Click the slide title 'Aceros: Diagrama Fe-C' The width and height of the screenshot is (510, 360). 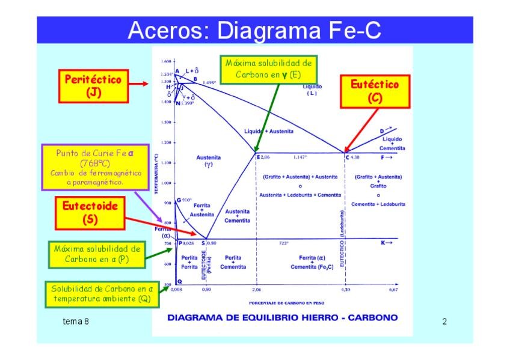pos(254,30)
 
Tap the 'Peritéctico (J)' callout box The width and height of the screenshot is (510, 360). pos(93,85)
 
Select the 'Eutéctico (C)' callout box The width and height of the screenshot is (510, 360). pos(375,91)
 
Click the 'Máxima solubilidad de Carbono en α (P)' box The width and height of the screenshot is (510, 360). pos(96,254)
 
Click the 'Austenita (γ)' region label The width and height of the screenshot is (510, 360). pos(209,161)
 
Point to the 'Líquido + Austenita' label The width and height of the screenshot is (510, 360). pos(268,131)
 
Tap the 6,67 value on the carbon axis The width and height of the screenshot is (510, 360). pos(393,290)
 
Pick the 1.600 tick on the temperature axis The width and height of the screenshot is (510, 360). pos(167,61)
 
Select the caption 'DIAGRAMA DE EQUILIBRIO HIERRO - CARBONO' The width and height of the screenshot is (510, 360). pos(281,317)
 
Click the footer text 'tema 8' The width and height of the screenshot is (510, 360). pos(76,322)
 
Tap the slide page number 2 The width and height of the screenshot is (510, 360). pos(444,322)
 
